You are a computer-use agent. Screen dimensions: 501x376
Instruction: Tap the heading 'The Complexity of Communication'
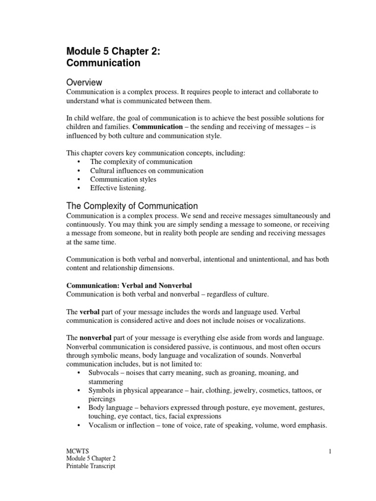coord(132,205)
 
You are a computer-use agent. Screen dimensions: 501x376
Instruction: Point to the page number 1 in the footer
coord(331,451)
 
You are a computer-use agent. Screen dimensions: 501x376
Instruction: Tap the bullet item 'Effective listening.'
coord(117,188)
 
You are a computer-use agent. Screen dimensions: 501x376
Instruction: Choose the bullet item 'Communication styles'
coord(123,179)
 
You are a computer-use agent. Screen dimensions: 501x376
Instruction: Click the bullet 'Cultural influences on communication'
coord(146,170)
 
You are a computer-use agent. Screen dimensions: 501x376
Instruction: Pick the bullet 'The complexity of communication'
coord(141,161)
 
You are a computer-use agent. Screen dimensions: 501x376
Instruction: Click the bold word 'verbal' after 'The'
coord(90,312)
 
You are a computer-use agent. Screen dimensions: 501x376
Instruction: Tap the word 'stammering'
coord(106,382)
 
